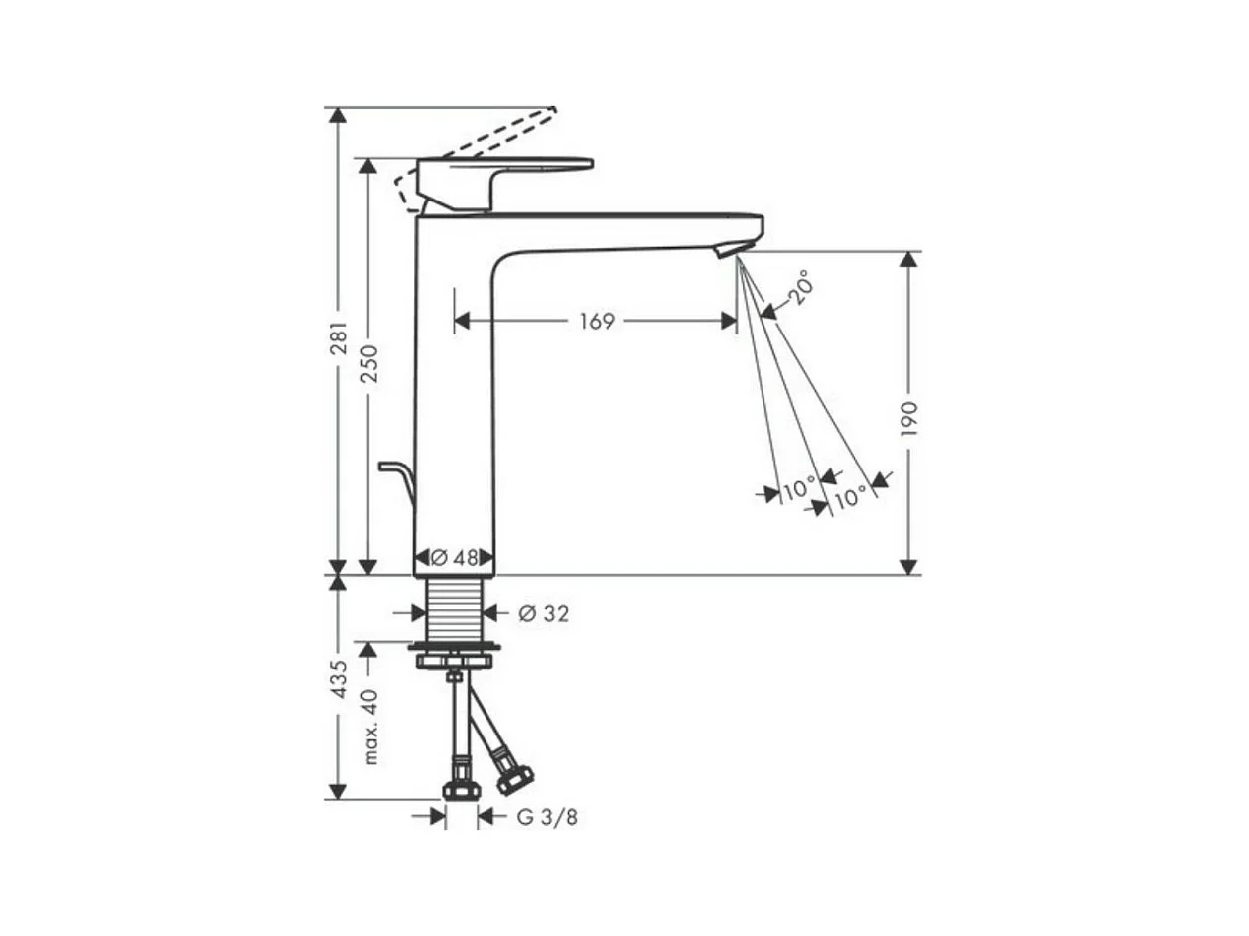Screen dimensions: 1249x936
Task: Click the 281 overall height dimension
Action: (340, 338)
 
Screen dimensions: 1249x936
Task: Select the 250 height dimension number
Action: (370, 363)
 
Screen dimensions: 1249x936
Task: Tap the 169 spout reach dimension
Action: (597, 322)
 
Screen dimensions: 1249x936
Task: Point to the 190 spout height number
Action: (909, 419)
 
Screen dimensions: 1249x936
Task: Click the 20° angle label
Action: (801, 288)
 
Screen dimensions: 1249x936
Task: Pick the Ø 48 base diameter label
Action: (454, 558)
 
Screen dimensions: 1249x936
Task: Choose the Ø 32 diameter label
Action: (543, 614)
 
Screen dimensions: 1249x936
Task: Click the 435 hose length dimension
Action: (340, 679)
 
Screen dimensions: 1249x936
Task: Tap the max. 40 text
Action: (370, 727)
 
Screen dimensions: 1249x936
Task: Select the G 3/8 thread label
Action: (547, 818)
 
